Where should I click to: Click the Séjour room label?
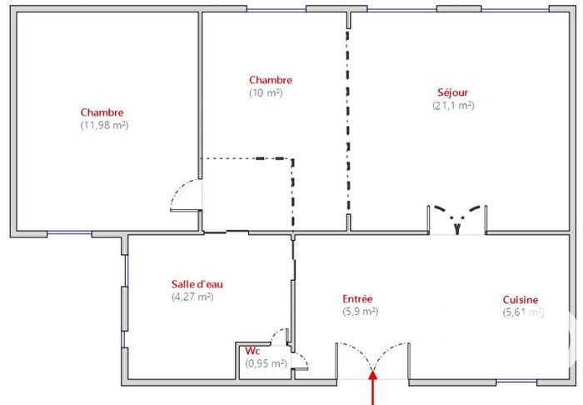pos(453,92)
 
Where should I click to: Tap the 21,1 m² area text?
pos(453,106)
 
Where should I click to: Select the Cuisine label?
pos(520,300)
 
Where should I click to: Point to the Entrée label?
pos(358,299)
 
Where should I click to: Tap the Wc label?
pos(253,350)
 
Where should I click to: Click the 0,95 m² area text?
pos(266,363)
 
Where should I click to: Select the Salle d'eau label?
pos(197,283)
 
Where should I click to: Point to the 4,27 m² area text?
pos(192,297)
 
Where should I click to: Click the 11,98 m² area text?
pos(103,126)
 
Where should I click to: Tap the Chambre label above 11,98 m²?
pos(102,112)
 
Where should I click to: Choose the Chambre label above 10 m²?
pos(271,80)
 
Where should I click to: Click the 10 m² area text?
pos(266,93)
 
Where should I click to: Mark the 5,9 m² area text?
pos(361,312)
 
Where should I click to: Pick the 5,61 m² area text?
pos(523,313)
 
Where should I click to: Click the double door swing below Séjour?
pos(456,218)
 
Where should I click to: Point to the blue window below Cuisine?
pos(516,381)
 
